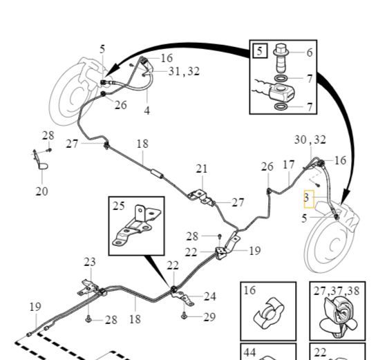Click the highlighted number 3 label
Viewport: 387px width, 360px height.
click(x=307, y=198)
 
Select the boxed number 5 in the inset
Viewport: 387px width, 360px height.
click(x=260, y=51)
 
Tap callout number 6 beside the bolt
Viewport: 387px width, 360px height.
click(x=310, y=53)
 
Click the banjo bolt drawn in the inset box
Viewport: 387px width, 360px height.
click(x=281, y=58)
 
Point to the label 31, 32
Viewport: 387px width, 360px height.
click(x=184, y=71)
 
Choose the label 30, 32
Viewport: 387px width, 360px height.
click(x=310, y=140)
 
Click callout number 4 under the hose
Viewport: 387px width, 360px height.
click(x=147, y=111)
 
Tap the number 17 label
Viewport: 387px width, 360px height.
click(x=289, y=165)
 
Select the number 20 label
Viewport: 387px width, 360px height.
click(x=41, y=191)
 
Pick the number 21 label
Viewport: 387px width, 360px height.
click(x=202, y=169)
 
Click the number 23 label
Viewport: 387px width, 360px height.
click(x=90, y=262)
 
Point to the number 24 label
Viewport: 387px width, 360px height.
click(x=210, y=296)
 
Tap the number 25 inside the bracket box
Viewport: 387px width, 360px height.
click(x=118, y=206)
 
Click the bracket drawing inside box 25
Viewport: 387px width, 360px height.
click(x=137, y=225)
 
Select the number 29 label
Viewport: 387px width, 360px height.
click(x=209, y=317)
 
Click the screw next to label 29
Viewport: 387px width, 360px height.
click(x=184, y=315)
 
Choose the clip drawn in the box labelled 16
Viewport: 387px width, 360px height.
click(x=269, y=314)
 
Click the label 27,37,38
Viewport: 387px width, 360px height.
click(x=337, y=291)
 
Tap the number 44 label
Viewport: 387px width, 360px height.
click(x=249, y=352)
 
